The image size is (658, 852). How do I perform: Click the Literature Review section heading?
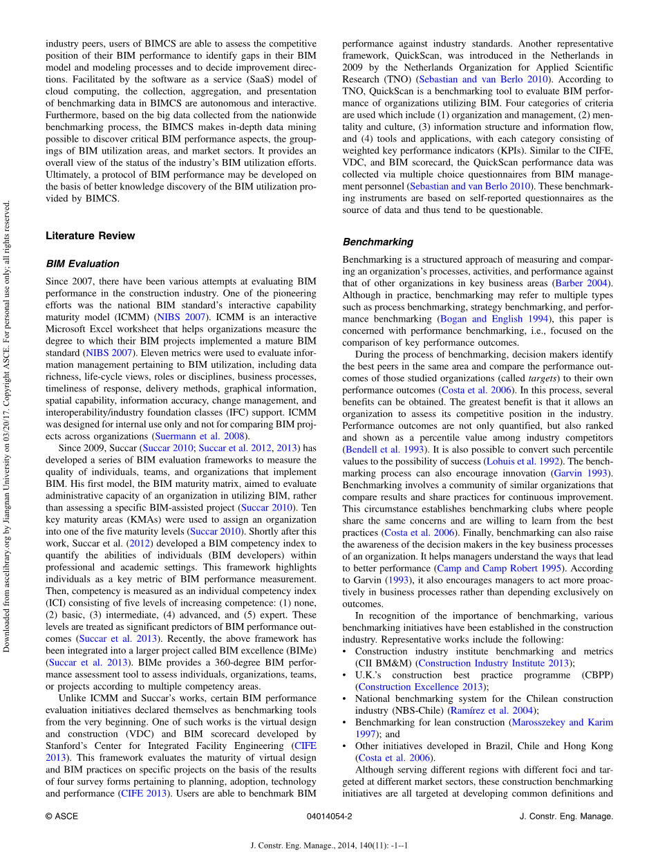(x=91, y=236)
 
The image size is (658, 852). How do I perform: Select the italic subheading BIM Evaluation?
(x=82, y=263)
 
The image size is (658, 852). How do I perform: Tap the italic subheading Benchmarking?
(x=378, y=242)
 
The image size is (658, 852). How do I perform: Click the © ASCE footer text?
(x=62, y=816)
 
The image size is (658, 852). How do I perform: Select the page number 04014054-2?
(x=329, y=816)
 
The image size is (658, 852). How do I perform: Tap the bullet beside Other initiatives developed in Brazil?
(x=346, y=746)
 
